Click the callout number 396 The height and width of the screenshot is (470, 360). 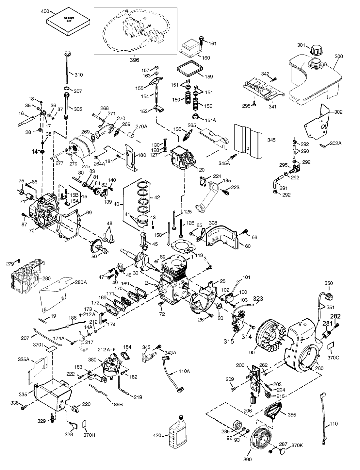[x=125, y=60]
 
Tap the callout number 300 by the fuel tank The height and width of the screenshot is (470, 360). [x=339, y=56]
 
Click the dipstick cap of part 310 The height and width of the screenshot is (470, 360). [x=68, y=53]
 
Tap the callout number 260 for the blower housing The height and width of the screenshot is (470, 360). [x=319, y=368]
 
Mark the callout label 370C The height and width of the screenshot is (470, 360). [x=333, y=358]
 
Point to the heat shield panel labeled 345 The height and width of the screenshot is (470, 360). [x=248, y=139]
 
